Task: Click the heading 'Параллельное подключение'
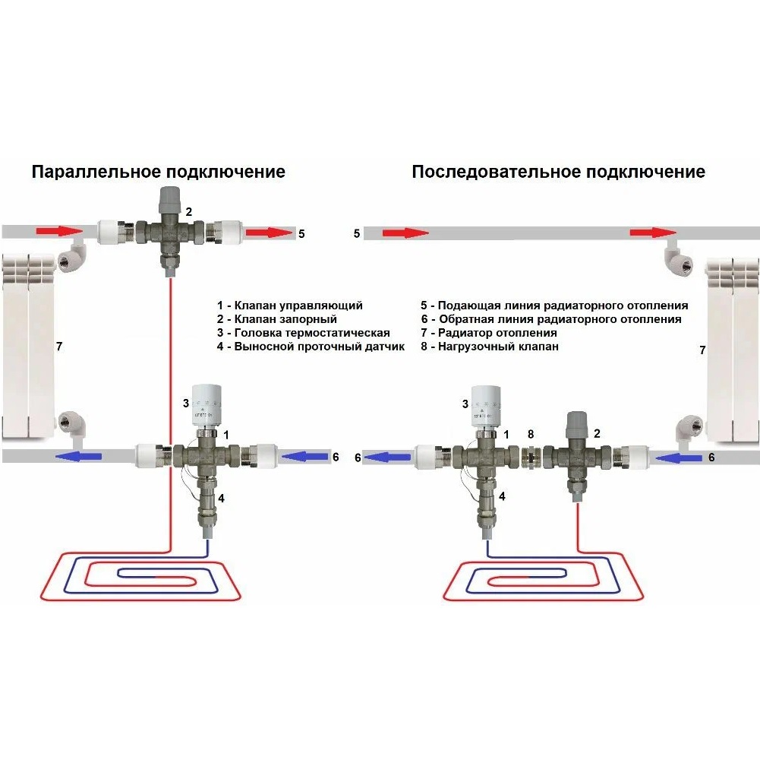tap(158, 172)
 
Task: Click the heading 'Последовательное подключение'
tap(558, 172)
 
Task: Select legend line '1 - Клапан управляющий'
tap(289, 306)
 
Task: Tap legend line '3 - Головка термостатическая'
tap(303, 333)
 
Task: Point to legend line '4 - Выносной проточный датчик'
tap(311, 347)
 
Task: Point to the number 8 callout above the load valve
tap(531, 435)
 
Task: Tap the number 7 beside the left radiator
tap(59, 347)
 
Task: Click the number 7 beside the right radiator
tap(702, 350)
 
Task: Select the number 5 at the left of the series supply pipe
tap(356, 233)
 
